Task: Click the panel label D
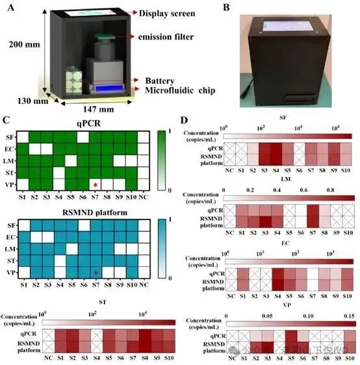(x=186, y=121)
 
